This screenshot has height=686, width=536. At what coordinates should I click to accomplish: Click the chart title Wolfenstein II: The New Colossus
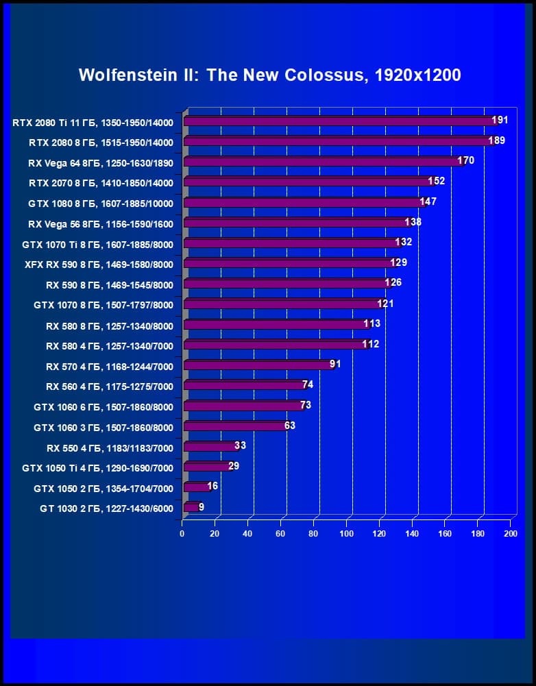tap(269, 75)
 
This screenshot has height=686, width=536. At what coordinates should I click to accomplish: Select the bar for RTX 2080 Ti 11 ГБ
tap(339, 121)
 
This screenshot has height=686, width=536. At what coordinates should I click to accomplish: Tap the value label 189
tap(496, 140)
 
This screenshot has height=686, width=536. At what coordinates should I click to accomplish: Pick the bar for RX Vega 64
tap(322, 162)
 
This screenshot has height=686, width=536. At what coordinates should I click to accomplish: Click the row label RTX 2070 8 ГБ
tap(101, 183)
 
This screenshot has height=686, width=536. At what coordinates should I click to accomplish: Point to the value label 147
tap(428, 201)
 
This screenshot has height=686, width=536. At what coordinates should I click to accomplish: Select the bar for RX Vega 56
tap(296, 223)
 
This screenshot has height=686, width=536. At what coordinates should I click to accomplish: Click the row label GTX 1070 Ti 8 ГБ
tap(97, 244)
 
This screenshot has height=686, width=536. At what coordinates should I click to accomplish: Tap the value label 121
tap(385, 304)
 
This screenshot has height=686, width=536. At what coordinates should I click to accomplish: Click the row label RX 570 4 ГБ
tap(110, 367)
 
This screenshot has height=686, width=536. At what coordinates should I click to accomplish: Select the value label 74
tap(308, 384)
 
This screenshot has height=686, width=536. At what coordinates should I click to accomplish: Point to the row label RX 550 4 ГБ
tap(110, 448)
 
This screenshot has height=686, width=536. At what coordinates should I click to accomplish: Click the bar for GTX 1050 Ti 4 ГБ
tap(207, 467)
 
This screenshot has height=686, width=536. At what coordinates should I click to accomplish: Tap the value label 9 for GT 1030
tap(202, 507)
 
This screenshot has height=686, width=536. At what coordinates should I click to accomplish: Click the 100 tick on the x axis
tap(346, 533)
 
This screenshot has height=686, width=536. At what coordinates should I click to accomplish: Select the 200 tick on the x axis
tap(510, 533)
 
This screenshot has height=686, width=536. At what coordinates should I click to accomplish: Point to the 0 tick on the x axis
tap(182, 533)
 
